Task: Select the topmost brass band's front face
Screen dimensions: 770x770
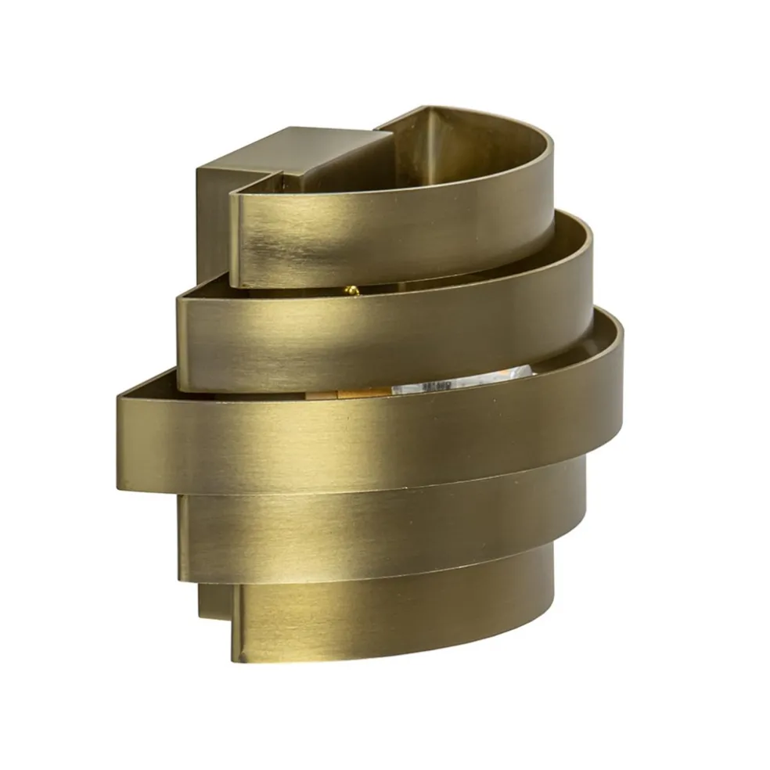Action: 376,235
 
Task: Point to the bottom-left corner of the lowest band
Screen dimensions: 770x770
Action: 235,657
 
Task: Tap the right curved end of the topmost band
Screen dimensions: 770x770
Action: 548,180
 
